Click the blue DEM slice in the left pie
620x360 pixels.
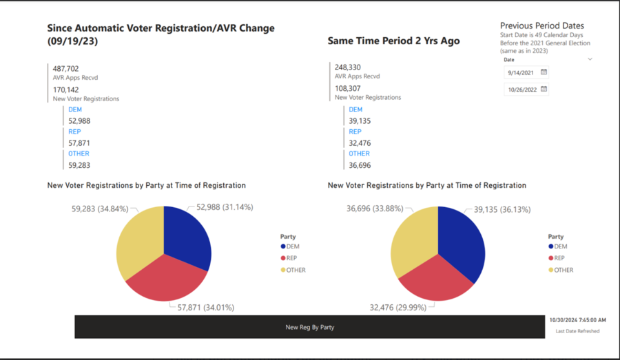tap(187, 234)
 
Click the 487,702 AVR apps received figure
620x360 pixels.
tap(66, 69)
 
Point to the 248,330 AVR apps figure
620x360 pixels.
tap(348, 67)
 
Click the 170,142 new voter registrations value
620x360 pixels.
tap(66, 89)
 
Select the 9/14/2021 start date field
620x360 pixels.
tap(522, 72)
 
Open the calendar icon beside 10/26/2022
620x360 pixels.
tap(544, 89)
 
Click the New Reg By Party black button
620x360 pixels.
tap(310, 327)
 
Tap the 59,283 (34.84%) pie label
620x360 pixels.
tap(101, 207)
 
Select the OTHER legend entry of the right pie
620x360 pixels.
tap(563, 270)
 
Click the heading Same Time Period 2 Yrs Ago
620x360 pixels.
tap(393, 41)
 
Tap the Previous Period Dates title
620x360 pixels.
tap(541, 25)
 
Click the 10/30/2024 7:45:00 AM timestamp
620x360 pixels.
tap(577, 319)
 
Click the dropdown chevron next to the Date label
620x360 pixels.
tap(590, 59)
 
